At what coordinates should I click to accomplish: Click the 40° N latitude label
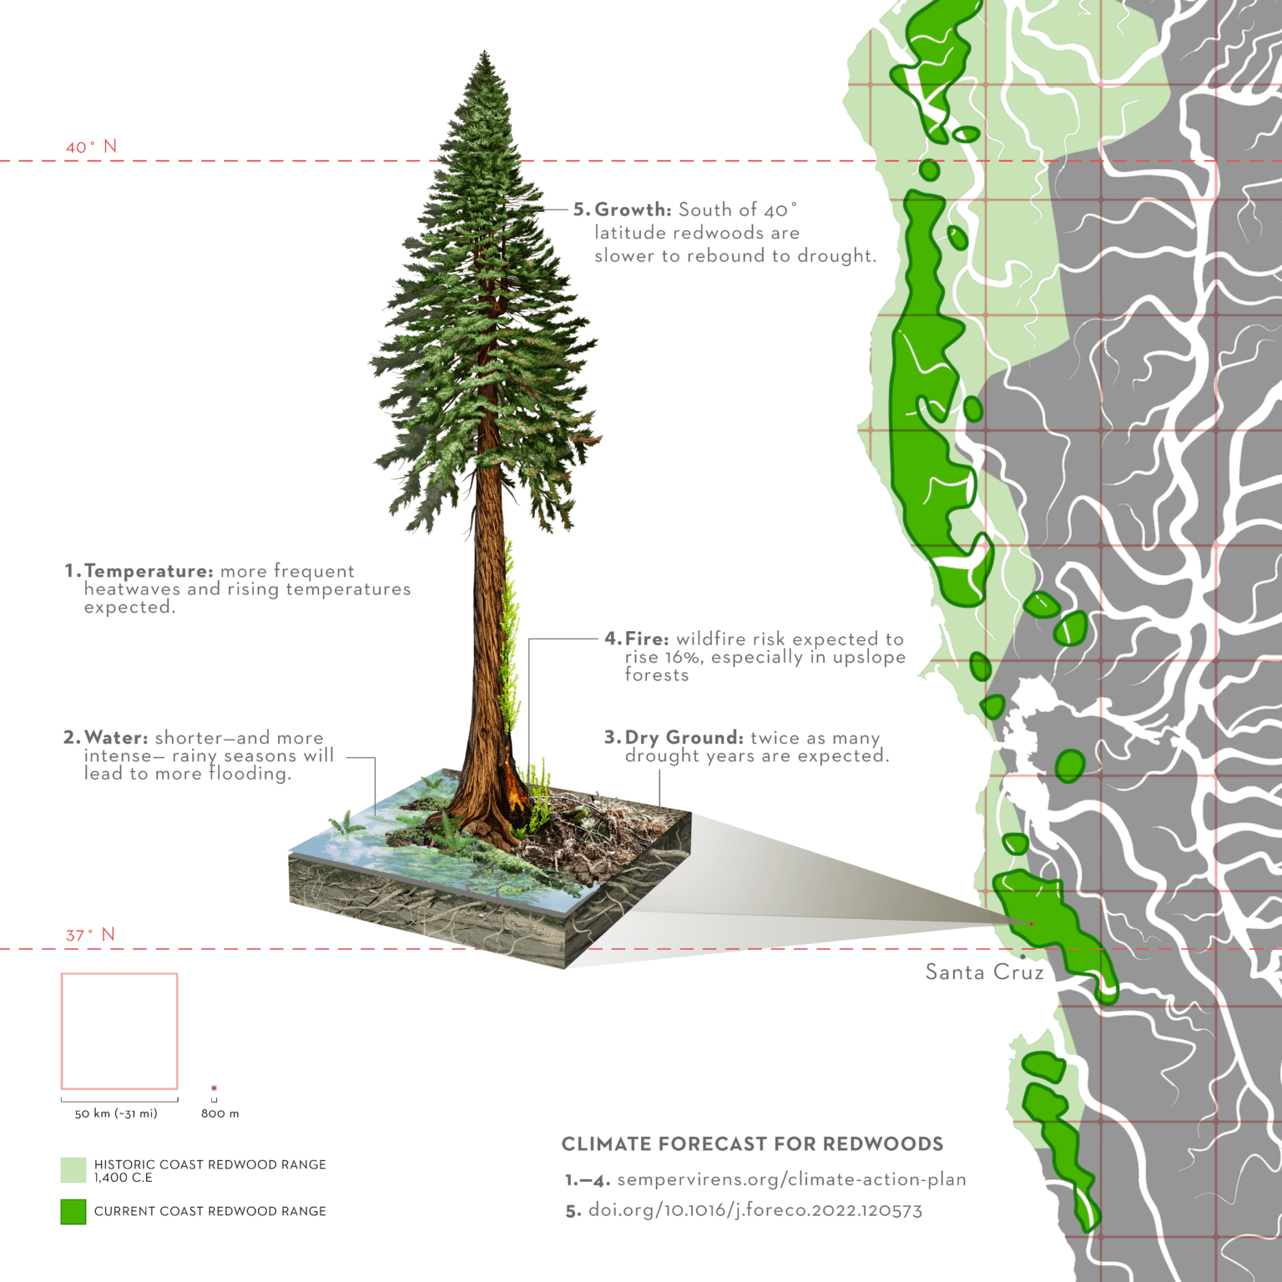tap(91, 147)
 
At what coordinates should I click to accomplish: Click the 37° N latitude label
tap(90, 935)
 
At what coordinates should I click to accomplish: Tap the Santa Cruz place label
tap(984, 972)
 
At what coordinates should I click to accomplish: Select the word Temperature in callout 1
tap(149, 571)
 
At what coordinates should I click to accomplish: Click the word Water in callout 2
tap(116, 738)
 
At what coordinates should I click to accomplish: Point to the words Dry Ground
tap(684, 738)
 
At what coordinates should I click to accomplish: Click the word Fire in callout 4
tap(647, 638)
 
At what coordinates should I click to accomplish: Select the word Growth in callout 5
tap(633, 209)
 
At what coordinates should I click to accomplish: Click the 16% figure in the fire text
tap(681, 657)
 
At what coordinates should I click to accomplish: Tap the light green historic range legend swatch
tap(73, 1169)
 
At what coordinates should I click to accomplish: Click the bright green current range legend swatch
tap(73, 1212)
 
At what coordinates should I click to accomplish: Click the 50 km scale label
tap(116, 1113)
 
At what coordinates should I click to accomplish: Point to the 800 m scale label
tap(220, 1113)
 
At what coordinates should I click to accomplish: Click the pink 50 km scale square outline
tap(119, 974)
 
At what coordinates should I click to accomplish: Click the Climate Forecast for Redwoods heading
tap(752, 1144)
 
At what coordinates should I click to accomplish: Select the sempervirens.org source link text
tap(791, 1179)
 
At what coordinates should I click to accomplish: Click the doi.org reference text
tap(755, 1210)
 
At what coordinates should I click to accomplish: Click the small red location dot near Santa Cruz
tap(1031, 924)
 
